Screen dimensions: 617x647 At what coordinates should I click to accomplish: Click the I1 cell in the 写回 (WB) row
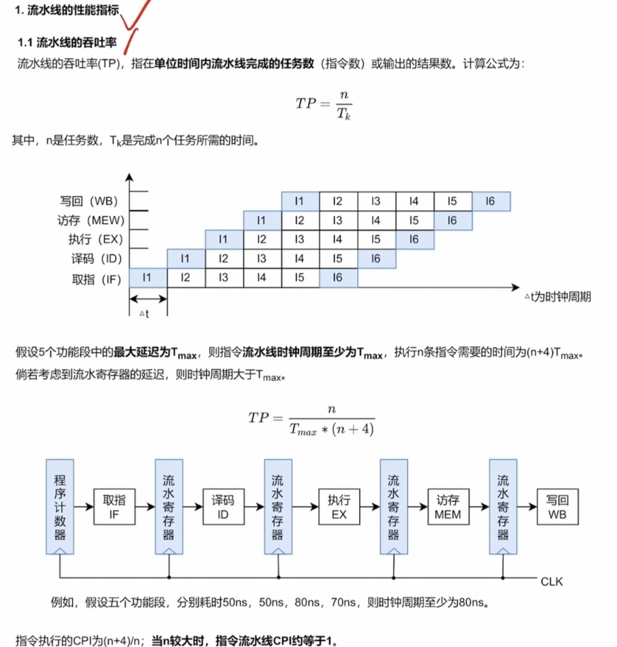tap(300, 201)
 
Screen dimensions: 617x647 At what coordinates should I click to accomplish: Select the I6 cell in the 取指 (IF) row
tap(338, 278)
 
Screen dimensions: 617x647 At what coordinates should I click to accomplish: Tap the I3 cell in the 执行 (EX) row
tap(300, 240)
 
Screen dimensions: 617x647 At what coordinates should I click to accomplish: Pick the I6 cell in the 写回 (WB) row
tap(490, 201)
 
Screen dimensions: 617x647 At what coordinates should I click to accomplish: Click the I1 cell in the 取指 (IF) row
tap(147, 278)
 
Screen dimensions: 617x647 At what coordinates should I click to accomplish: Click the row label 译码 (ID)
tap(95, 259)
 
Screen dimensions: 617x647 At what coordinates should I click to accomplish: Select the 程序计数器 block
tap(60, 507)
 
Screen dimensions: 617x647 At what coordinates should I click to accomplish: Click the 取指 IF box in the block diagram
tap(114, 507)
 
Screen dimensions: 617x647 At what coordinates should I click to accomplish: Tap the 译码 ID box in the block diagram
tap(223, 507)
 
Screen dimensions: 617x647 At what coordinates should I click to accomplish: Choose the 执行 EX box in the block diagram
tap(339, 507)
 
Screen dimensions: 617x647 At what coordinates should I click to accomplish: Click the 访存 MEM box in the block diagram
tap(448, 507)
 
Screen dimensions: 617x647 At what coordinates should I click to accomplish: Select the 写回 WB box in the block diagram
tap(557, 507)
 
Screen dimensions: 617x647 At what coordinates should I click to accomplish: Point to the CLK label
tap(552, 581)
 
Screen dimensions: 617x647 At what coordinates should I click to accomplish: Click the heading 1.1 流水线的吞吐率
tap(67, 42)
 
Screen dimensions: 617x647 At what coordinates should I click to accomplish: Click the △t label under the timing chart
tap(143, 313)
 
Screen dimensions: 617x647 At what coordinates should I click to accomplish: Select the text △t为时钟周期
tap(557, 296)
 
